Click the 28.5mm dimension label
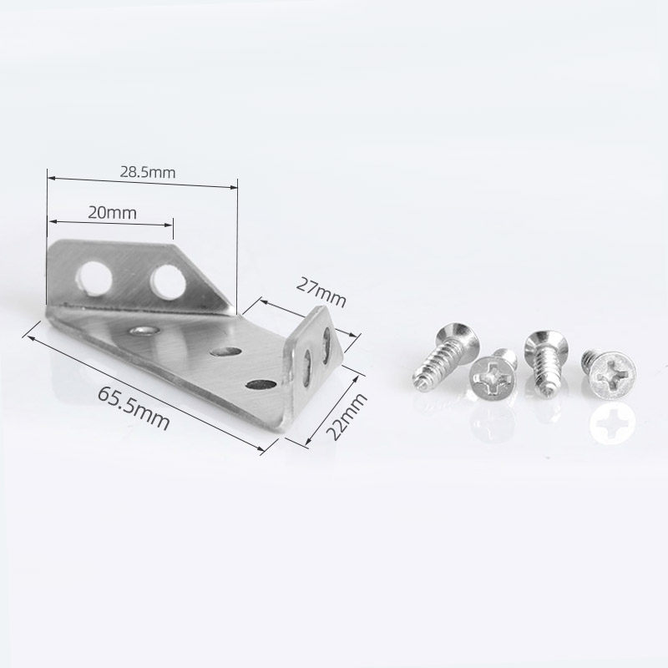[x=148, y=173]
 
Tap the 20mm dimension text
[x=113, y=213]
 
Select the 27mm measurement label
[x=321, y=292]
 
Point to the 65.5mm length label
[x=134, y=408]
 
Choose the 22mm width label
[x=346, y=417]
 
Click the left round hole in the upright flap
[x=94, y=278]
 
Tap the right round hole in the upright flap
[x=168, y=282]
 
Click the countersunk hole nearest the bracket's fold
[x=144, y=331]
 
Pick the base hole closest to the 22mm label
[x=261, y=385]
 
